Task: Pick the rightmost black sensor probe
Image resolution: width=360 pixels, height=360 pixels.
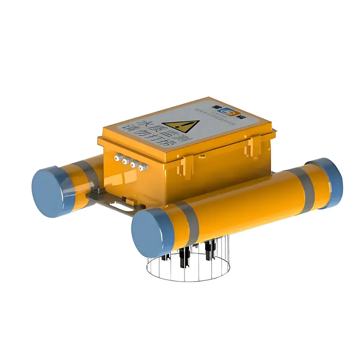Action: (x=208, y=250)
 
